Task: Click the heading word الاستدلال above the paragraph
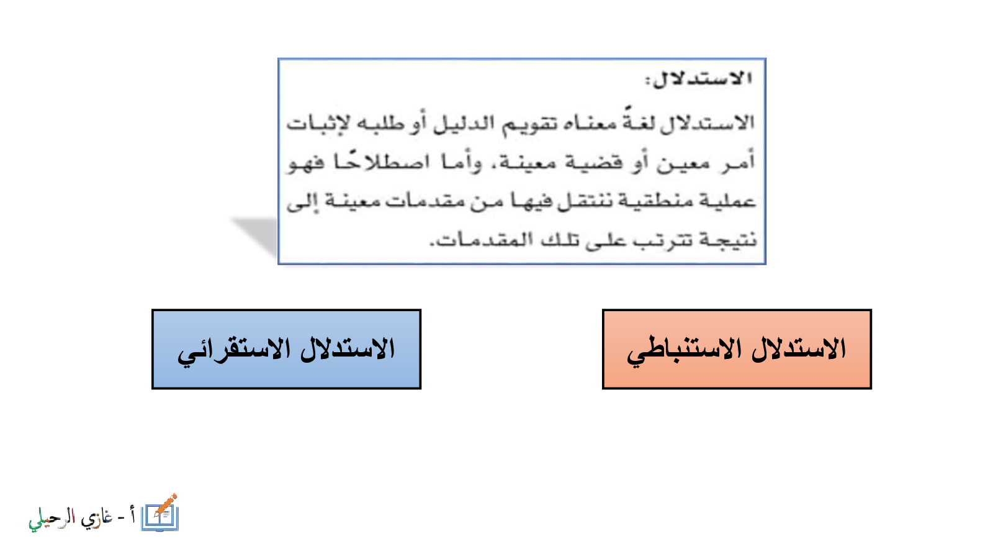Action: point(699,79)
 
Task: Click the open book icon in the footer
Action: point(160,517)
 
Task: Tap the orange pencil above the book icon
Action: point(166,505)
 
